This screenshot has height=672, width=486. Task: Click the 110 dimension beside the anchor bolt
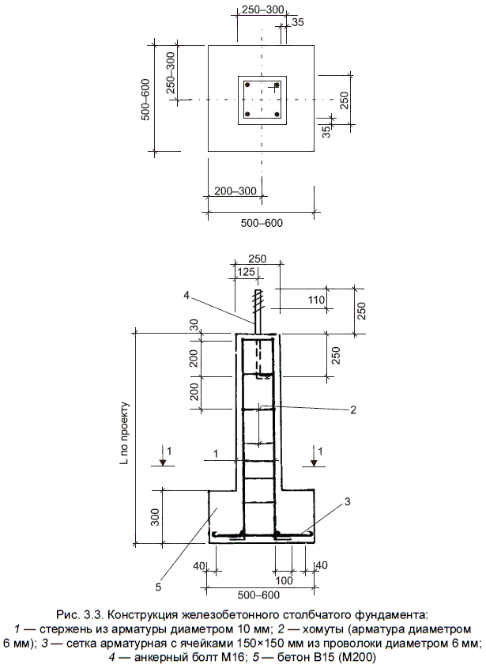tap(316, 300)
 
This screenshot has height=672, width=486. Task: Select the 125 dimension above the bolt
tap(246, 272)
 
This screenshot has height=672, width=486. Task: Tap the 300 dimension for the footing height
tap(155, 517)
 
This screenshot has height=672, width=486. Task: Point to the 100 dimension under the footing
tap(284, 581)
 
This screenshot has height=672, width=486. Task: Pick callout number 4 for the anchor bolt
tap(186, 295)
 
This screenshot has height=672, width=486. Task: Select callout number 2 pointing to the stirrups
tap(353, 410)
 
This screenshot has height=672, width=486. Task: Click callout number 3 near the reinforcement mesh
tap(348, 501)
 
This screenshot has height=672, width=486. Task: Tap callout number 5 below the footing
tap(158, 587)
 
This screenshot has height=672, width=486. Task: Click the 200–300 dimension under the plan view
tap(235, 191)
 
